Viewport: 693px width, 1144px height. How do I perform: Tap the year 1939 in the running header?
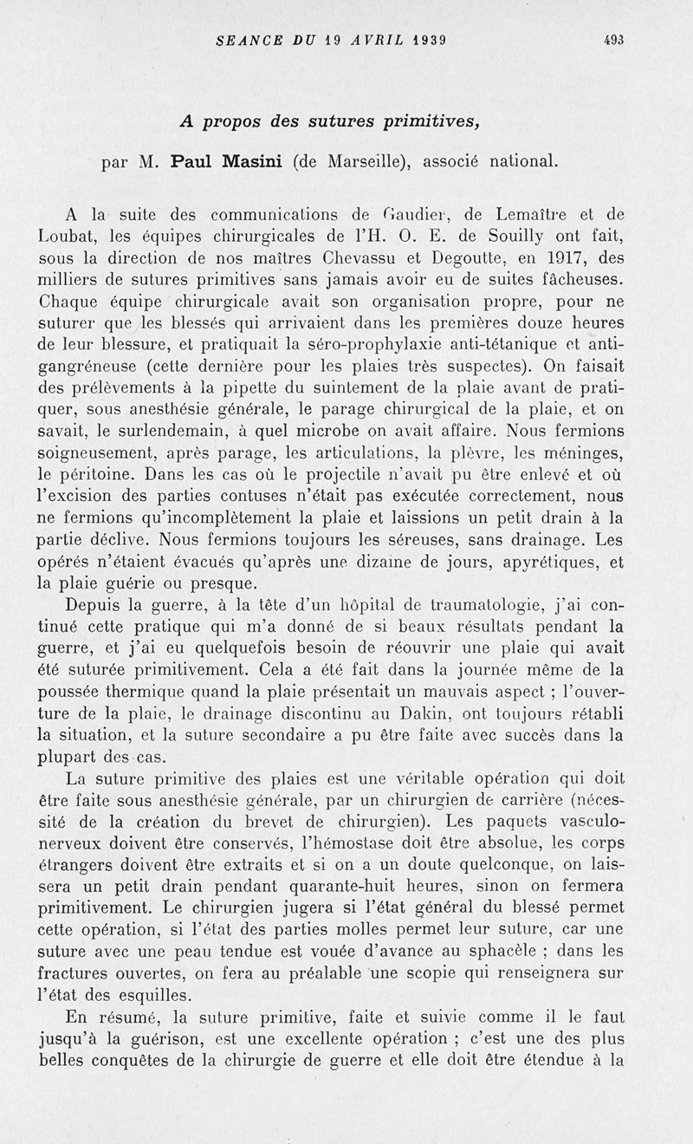439,39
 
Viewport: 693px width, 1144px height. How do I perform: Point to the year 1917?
567,258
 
